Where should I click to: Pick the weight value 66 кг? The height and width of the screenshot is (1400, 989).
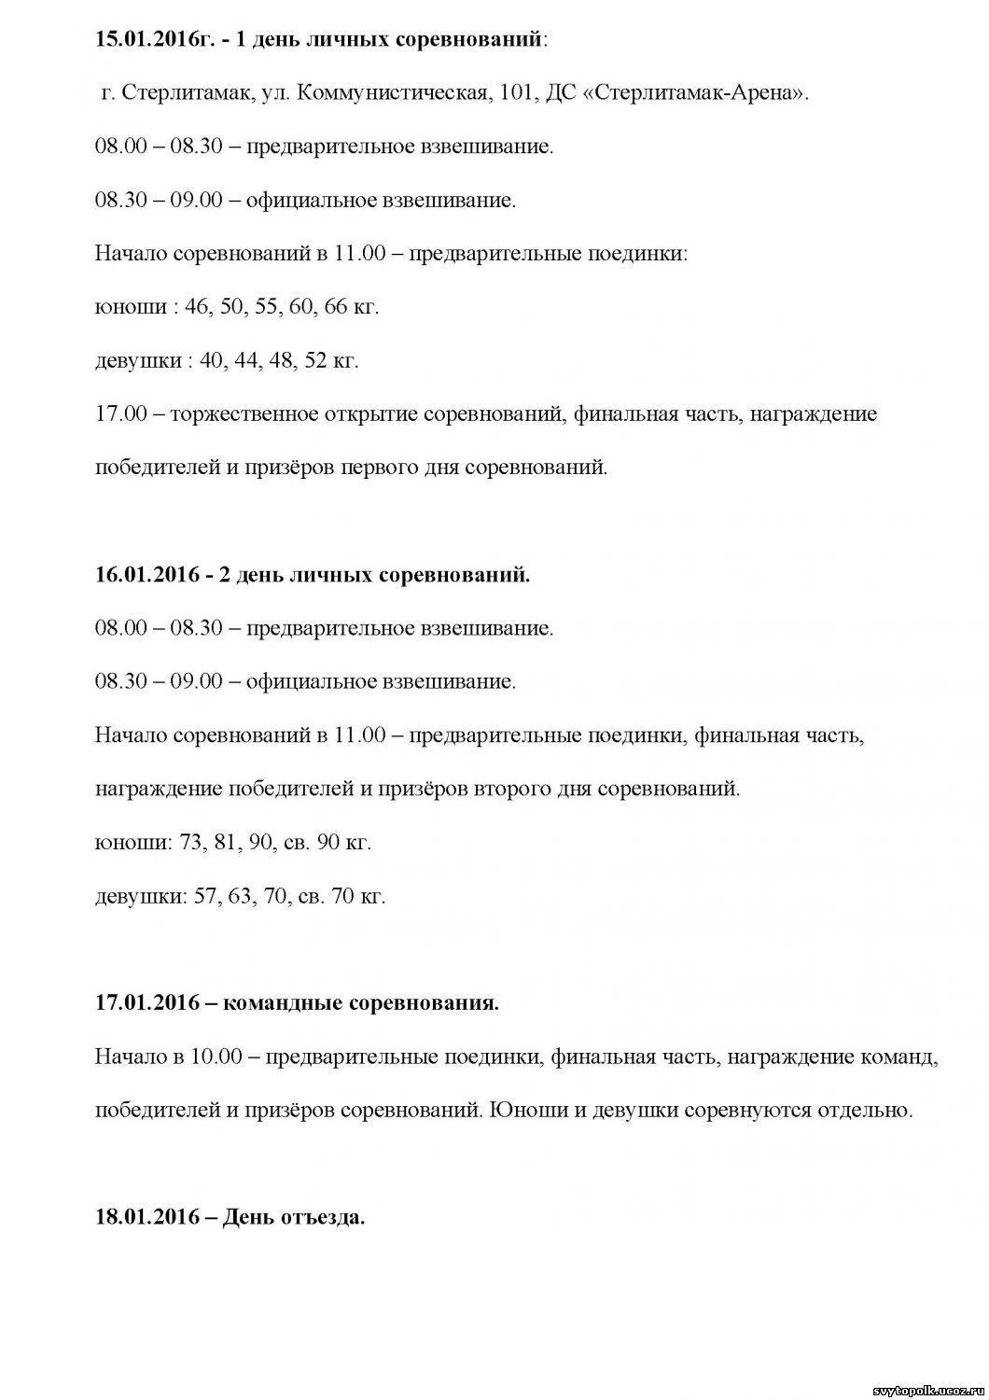[x=348, y=307]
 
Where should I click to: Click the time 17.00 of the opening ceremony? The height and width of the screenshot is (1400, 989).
[x=121, y=413]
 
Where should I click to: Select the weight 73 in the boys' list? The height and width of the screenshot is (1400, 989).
[x=190, y=842]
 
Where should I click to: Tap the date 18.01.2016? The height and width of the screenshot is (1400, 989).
[x=147, y=1218]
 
